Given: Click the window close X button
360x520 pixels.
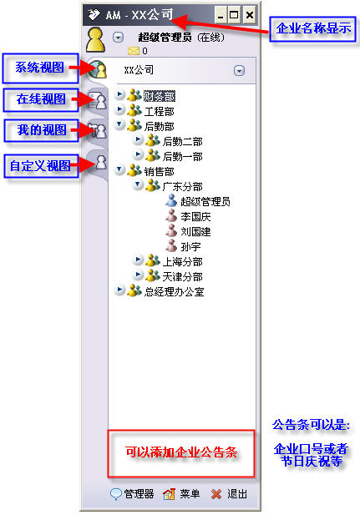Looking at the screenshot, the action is coord(250,14).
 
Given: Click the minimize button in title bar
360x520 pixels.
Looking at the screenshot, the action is coord(221,14).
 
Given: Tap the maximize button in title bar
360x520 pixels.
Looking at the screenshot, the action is coord(234,14).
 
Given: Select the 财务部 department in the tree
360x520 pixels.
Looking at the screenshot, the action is coord(160,96).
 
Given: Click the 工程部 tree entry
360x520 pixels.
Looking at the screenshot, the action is coord(160,112).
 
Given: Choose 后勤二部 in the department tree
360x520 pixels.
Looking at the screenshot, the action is coord(182,142).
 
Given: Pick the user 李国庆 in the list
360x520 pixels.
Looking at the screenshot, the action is coord(195,217).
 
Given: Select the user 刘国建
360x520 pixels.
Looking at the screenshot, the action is coord(195,232).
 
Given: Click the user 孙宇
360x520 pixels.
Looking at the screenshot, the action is coord(190,247).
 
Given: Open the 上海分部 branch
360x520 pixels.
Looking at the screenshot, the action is coord(182,261).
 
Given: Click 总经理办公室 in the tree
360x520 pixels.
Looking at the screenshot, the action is coord(175,292).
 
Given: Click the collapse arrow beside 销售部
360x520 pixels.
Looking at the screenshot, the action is coord(119,169).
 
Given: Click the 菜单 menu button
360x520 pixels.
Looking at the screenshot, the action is coord(182,494).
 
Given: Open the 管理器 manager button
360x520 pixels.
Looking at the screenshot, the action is coord(132,494).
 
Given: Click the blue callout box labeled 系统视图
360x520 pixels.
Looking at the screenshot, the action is coord(40,68).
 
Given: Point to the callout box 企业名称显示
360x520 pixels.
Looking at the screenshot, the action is coord(312,29).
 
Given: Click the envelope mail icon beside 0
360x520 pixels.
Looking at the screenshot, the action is coord(134,51).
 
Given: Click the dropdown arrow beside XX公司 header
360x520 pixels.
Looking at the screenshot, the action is coord(239,71).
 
